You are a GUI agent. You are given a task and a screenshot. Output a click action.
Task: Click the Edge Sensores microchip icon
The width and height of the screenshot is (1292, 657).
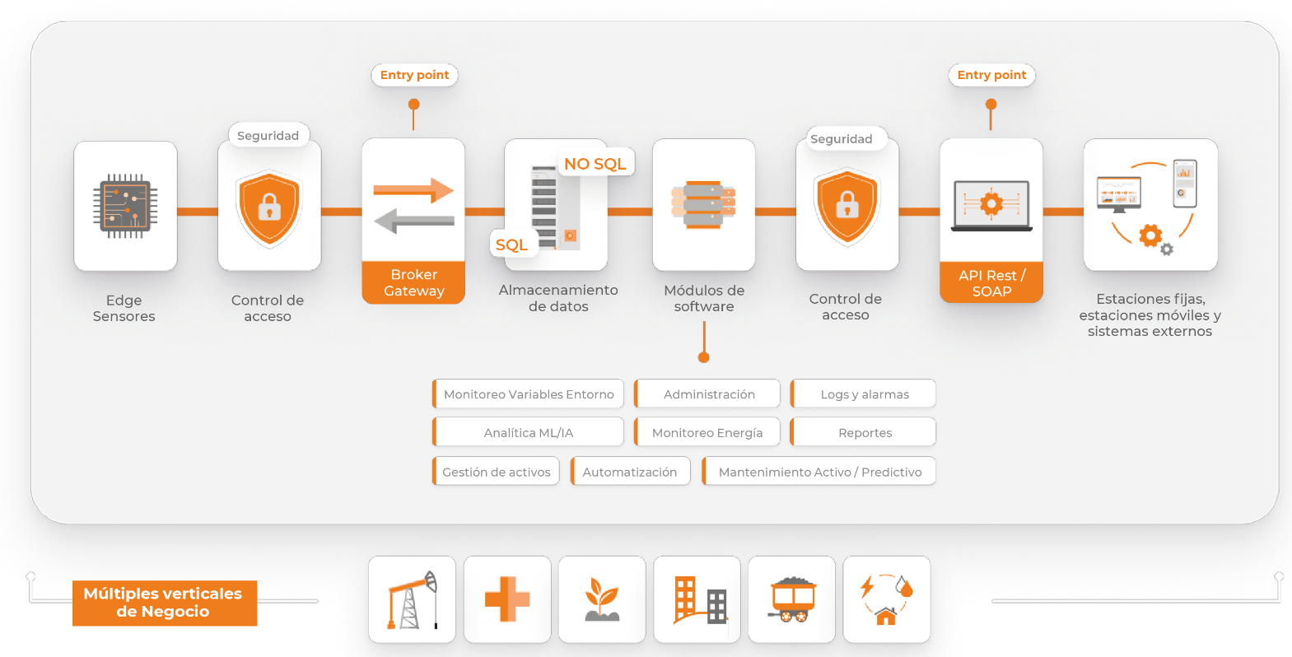point(125,206)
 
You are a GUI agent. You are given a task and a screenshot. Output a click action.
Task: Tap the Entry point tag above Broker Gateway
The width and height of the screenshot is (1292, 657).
point(414,75)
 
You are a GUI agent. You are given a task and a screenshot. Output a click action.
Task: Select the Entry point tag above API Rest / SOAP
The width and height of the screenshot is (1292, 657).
point(991,75)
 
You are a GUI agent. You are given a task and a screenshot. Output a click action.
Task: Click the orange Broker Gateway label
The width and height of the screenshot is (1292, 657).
point(413,282)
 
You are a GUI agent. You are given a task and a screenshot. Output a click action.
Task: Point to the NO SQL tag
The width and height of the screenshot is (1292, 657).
point(595,164)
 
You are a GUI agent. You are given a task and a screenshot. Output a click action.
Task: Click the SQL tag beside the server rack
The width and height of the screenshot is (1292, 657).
point(512,245)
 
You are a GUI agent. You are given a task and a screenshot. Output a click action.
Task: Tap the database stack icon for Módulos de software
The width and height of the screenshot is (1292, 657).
point(703,205)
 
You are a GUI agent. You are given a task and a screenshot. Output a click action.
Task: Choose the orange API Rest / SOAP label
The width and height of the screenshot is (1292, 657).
point(991,282)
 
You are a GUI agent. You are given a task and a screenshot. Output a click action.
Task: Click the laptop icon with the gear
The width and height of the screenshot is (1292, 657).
point(991,205)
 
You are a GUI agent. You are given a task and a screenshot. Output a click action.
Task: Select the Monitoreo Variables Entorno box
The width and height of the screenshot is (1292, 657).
point(529,394)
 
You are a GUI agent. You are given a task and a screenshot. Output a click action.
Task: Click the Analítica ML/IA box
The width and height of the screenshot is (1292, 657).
point(529,432)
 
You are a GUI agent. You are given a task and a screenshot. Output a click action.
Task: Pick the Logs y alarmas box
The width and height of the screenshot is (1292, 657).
point(864,394)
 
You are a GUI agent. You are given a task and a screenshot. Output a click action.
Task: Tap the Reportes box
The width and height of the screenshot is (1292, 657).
point(864,432)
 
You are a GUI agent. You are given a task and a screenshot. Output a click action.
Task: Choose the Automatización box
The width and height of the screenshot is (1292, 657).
point(630,472)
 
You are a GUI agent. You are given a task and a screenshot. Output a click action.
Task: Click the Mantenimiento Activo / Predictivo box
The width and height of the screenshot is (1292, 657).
point(819,472)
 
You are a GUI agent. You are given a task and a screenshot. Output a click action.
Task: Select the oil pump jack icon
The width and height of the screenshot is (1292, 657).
point(412,599)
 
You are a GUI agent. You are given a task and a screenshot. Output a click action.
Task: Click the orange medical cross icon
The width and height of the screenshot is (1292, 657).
point(507,599)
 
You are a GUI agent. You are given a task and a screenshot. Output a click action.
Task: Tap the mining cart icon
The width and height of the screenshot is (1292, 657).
point(792,599)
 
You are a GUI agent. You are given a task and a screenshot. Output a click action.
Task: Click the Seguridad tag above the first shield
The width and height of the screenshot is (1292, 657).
point(268,136)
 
